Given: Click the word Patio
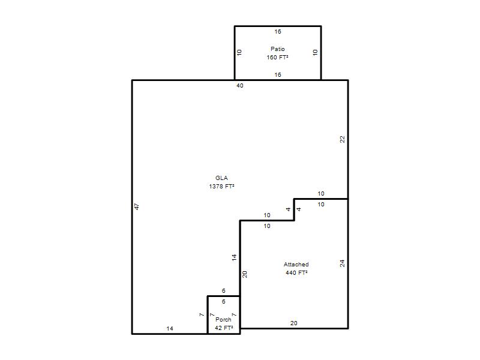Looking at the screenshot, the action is click(278, 49).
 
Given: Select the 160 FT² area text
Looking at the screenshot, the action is click(277, 57).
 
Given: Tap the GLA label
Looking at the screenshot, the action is click(221, 178).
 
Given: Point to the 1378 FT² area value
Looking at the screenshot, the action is click(221, 186).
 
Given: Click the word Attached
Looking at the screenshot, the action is click(296, 265).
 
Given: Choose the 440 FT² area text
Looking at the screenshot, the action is click(296, 273).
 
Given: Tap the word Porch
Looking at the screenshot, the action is click(223, 320).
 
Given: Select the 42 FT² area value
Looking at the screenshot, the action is click(224, 328).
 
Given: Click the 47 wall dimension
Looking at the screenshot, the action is click(137, 206).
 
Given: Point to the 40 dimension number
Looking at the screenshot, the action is click(239, 86).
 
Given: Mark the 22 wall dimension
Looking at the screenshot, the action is click(342, 139).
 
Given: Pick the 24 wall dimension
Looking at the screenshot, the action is click(342, 263).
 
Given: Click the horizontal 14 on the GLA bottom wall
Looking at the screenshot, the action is click(170, 328).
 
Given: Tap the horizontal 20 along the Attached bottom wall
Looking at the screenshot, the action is click(294, 323).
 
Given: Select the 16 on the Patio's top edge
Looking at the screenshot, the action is click(278, 32).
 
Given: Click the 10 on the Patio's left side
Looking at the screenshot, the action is click(239, 52).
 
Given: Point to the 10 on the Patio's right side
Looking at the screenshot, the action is click(316, 52).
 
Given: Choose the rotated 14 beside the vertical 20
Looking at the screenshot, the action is click(234, 257).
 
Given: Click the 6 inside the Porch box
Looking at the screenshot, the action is click(224, 302).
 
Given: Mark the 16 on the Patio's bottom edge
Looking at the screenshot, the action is click(278, 74).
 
